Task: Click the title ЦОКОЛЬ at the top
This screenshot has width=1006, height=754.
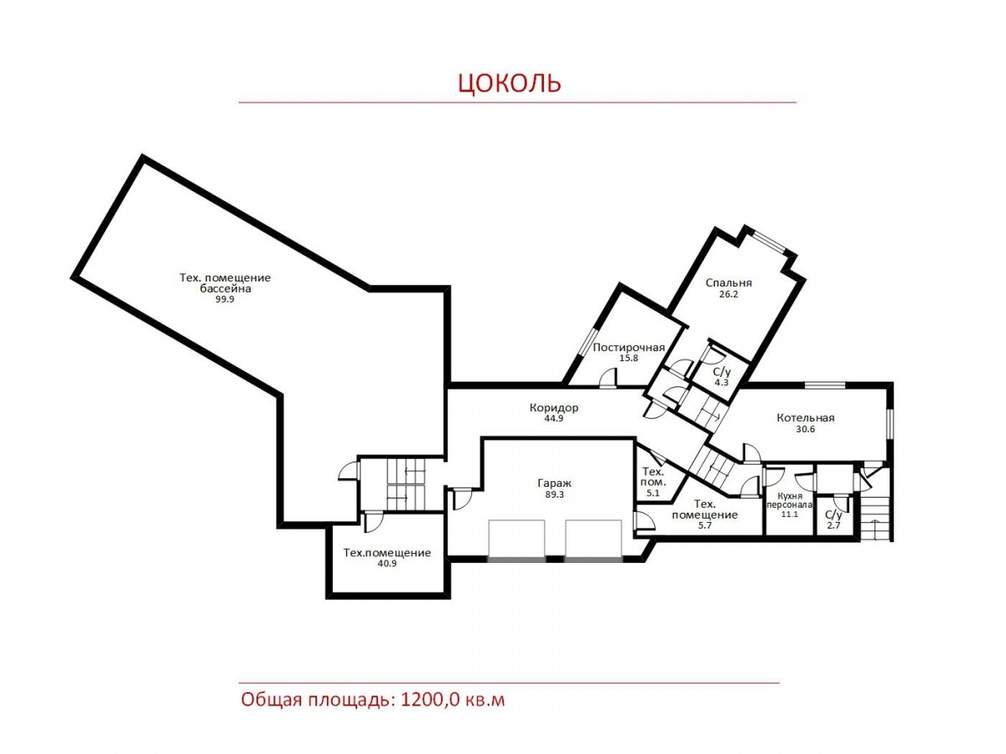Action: [x=509, y=83]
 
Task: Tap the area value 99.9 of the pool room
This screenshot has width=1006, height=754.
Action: [x=225, y=299]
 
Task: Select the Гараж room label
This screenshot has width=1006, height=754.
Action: [x=554, y=483]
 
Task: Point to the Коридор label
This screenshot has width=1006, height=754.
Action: [x=553, y=407]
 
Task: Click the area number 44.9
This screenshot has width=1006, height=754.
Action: [x=553, y=418]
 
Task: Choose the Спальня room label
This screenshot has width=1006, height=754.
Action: [x=729, y=282]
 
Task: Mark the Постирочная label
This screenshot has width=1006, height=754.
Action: [x=629, y=347]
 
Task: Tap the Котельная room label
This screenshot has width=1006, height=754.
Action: [x=806, y=417]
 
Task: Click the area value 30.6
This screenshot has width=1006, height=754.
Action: [x=806, y=429]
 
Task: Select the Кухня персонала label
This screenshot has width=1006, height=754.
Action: [x=789, y=500]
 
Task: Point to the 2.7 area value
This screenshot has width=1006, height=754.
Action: [x=833, y=525]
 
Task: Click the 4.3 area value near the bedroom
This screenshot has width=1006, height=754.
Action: [x=722, y=382]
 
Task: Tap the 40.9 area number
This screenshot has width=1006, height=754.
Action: [x=386, y=563]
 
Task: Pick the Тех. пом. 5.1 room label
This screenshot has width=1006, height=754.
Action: [x=653, y=482]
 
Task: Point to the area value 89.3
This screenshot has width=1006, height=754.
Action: [x=554, y=494]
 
